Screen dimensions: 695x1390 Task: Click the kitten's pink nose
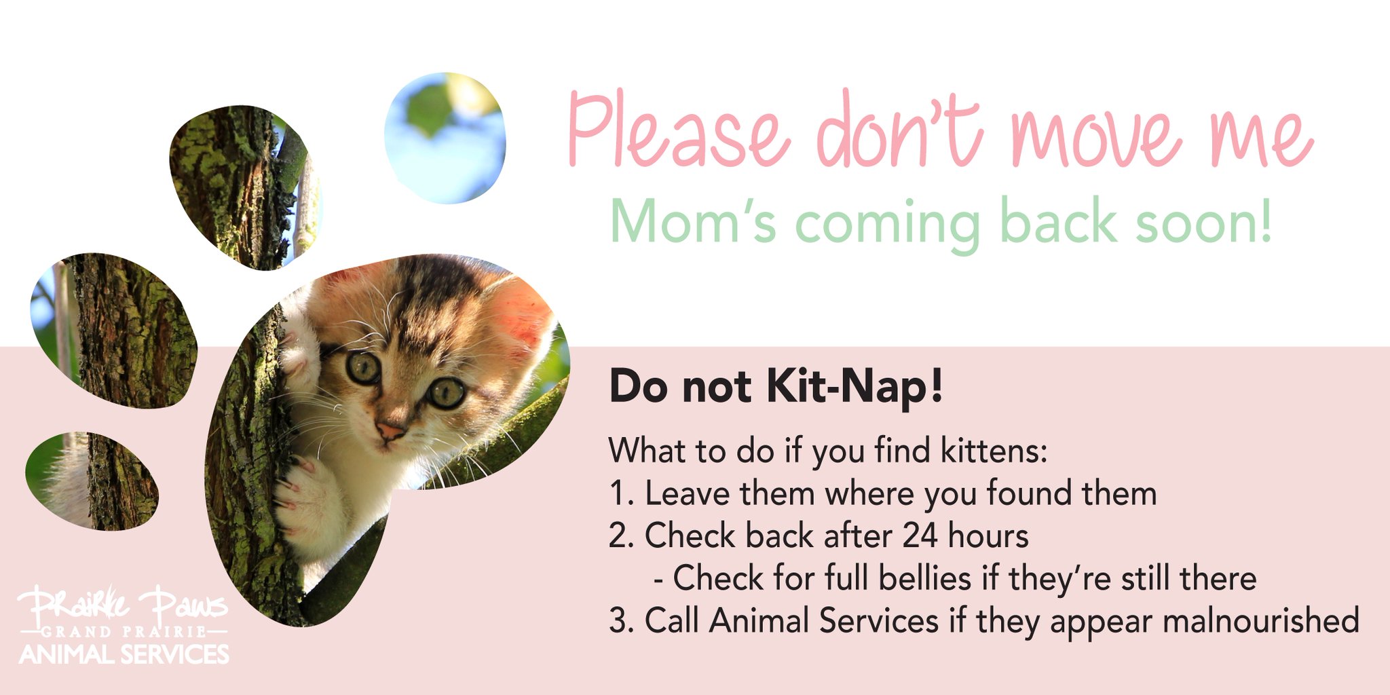click(x=390, y=430)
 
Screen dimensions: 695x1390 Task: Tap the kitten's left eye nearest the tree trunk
click(x=364, y=367)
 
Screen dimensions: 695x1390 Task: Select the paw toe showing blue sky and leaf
click(x=445, y=138)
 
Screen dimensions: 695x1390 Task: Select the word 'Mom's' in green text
click(x=692, y=222)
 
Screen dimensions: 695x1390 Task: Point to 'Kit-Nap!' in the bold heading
click(x=854, y=387)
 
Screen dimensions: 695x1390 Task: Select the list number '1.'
click(x=621, y=493)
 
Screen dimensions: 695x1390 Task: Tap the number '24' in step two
click(x=920, y=536)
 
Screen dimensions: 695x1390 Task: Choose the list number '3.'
click(x=621, y=620)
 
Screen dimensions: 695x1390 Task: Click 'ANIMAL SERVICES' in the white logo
click(x=124, y=654)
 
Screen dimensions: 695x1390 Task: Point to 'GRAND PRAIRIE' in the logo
click(x=124, y=632)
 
